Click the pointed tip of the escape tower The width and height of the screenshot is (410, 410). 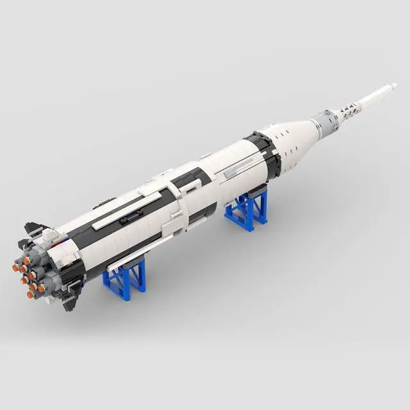pyautogui.click(x=395, y=85)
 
